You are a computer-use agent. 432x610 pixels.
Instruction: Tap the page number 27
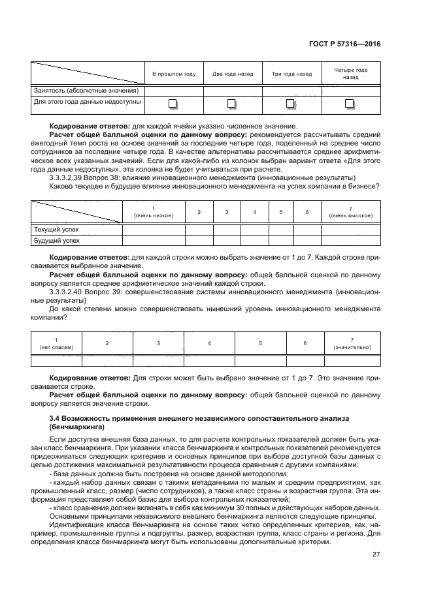coord(376,554)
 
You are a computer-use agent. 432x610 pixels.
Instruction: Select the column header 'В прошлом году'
coord(174,74)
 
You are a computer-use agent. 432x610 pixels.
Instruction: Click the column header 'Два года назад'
coord(232,74)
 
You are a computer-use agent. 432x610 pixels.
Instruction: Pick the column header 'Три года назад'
coord(291,74)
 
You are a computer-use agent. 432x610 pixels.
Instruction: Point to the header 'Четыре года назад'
coord(350,73)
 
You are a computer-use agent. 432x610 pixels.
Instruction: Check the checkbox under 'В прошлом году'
coord(173,103)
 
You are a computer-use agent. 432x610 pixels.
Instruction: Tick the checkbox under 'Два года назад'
coord(231,103)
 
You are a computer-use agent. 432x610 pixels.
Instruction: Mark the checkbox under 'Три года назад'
coord(291,103)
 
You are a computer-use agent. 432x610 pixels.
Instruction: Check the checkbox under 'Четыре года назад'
coord(350,103)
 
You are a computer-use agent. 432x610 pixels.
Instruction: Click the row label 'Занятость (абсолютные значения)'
coord(86,90)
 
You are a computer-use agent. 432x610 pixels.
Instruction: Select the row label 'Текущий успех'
coord(56,230)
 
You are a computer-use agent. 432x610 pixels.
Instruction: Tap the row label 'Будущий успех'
coord(56,240)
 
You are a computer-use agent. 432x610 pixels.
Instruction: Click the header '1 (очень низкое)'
coord(153,212)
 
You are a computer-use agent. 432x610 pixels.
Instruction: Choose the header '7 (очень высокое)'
coord(352,212)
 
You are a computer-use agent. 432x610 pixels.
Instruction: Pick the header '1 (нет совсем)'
coord(56,343)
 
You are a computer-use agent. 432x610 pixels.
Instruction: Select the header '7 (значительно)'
coord(352,343)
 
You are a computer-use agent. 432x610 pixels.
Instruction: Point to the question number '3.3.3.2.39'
coord(69,177)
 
